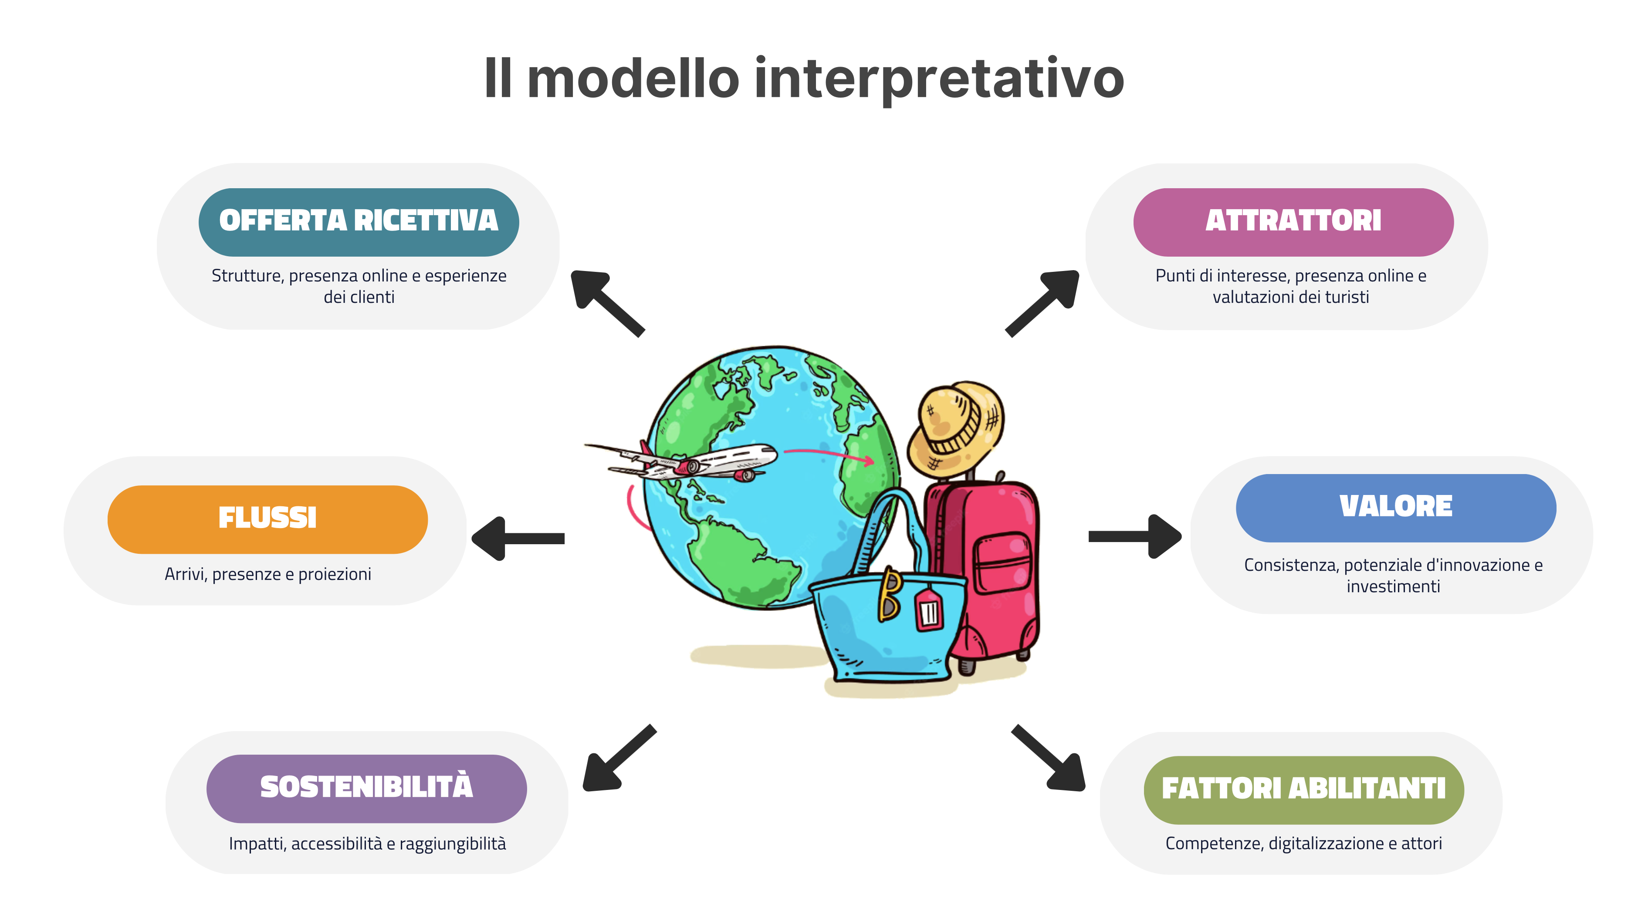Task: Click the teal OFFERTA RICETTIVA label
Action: point(359,222)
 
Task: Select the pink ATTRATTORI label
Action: point(1293,222)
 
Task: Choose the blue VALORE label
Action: point(1396,508)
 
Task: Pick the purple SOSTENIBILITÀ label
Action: point(367,789)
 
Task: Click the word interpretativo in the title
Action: point(939,79)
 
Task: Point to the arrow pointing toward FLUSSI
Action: point(518,539)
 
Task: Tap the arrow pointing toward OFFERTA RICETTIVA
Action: point(607,303)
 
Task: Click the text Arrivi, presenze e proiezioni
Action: point(268,575)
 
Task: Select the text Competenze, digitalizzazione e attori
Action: point(1303,844)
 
